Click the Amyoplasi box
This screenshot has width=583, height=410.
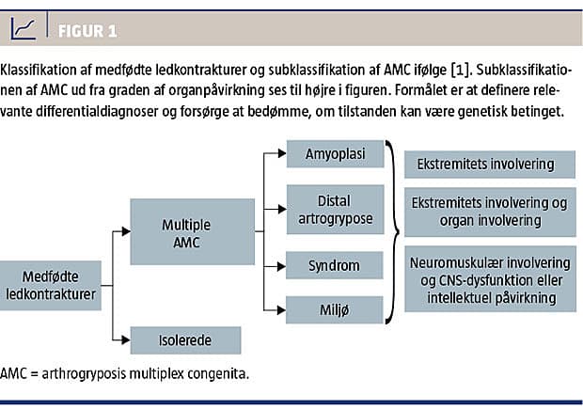[x=335, y=154]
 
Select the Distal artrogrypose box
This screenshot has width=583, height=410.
[x=335, y=210]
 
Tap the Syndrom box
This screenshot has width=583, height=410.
[x=334, y=265]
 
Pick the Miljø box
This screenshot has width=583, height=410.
[x=334, y=310]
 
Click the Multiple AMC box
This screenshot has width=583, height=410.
[x=192, y=232]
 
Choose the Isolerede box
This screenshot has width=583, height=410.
[x=185, y=340]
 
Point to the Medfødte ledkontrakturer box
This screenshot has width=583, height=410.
[x=51, y=286]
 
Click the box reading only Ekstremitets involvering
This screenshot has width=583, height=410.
[x=490, y=165]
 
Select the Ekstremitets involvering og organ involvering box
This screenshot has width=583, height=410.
[x=490, y=213]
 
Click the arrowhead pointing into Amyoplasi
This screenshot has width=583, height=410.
[x=282, y=153]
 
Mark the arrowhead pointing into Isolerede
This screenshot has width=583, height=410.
[x=126, y=339]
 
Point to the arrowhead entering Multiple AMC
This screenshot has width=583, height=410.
[x=126, y=231]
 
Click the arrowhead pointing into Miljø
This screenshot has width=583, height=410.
[x=281, y=309]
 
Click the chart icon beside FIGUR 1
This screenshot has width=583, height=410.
[x=24, y=28]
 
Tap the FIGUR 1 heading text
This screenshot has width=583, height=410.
[x=87, y=31]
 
